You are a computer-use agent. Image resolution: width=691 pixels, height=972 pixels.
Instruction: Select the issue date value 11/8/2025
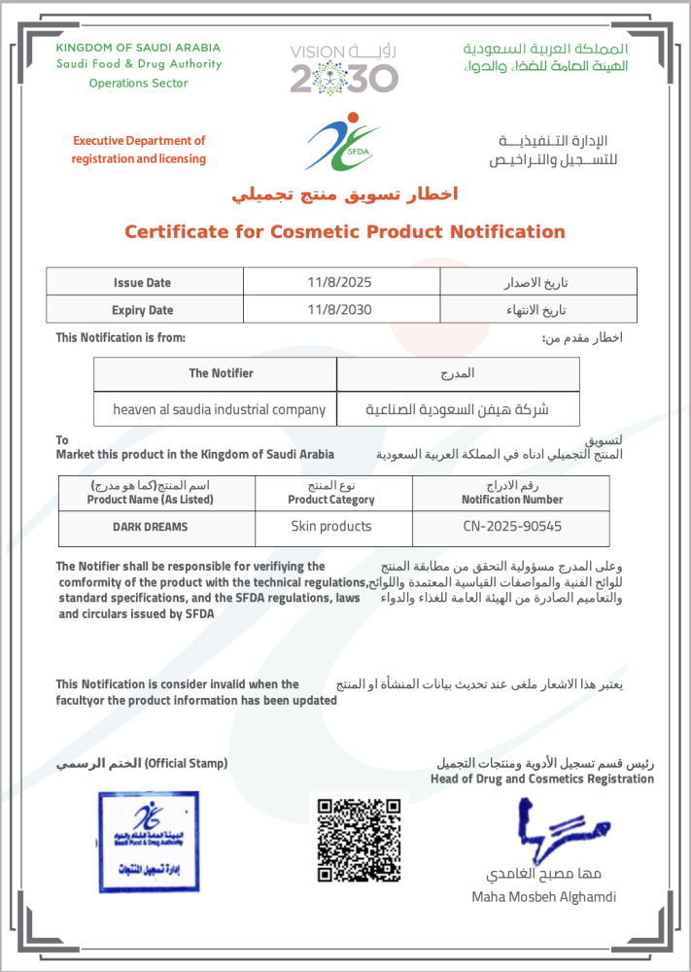(339, 282)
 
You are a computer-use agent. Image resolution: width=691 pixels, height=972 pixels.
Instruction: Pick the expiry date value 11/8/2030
(339, 310)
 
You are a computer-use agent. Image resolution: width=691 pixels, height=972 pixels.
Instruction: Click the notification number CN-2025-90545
(511, 527)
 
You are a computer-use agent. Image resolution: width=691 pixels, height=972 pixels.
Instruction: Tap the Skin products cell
(331, 526)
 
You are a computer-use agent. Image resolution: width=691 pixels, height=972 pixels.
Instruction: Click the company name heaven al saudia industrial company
(219, 409)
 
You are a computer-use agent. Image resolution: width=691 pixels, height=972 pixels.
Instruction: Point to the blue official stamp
(148, 842)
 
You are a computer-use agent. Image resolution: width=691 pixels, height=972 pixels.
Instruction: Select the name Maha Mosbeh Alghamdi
(543, 896)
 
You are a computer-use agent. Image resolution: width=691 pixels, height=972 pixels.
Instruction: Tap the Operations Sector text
(138, 84)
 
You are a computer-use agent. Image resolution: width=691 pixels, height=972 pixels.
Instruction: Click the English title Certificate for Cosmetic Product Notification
(344, 231)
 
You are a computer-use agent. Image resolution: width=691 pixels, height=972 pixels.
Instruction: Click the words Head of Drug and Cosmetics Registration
(542, 779)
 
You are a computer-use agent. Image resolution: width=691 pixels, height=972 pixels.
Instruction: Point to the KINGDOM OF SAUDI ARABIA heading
(138, 48)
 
